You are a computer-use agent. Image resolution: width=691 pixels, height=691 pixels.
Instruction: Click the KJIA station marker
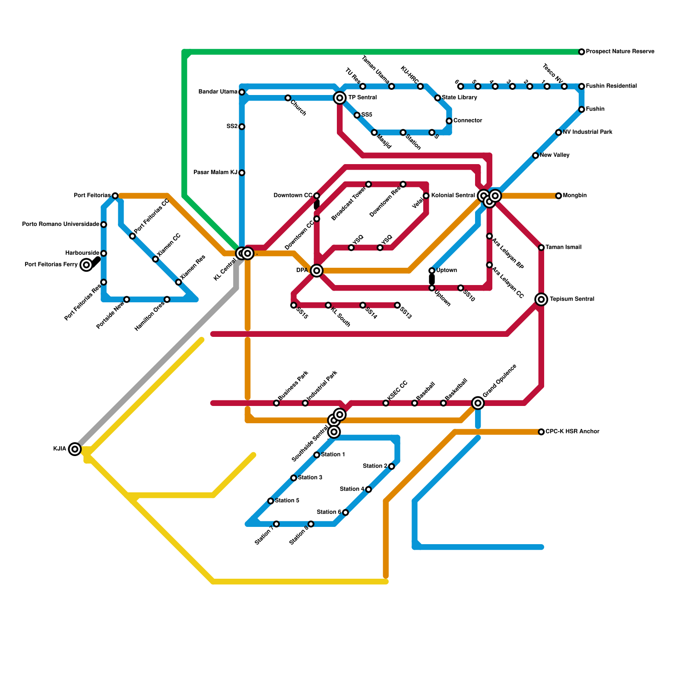point(75,449)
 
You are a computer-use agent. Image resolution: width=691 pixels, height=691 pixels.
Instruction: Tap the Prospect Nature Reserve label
point(620,52)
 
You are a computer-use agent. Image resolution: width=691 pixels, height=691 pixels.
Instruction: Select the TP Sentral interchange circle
point(340,98)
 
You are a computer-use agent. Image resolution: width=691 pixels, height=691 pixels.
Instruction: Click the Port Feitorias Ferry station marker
point(86,265)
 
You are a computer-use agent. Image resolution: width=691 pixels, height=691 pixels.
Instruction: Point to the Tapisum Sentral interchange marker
point(541,299)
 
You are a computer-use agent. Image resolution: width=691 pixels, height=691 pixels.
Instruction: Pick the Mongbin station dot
point(558,196)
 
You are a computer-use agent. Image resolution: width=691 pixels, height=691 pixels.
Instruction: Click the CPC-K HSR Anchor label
point(572,431)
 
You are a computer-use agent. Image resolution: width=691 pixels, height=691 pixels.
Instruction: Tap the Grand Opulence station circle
point(478,403)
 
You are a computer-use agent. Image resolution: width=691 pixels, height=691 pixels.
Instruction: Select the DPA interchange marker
point(317,271)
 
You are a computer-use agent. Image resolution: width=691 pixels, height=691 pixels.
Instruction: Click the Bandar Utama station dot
point(242,92)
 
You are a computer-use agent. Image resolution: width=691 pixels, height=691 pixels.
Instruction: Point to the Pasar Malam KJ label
point(215,173)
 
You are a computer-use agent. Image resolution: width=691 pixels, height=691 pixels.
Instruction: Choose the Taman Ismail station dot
point(541,247)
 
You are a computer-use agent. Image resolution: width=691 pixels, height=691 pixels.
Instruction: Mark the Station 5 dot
point(270,501)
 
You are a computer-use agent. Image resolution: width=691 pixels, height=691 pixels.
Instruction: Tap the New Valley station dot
point(536,155)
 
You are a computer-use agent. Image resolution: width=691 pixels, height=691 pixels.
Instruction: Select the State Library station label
point(459,98)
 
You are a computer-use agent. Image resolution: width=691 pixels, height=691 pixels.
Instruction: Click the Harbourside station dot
point(104,254)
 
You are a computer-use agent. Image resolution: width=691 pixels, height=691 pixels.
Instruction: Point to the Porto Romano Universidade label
point(61,225)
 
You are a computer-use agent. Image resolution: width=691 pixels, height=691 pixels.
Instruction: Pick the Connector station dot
point(449,121)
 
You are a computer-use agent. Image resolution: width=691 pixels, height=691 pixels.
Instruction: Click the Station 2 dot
point(391,466)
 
